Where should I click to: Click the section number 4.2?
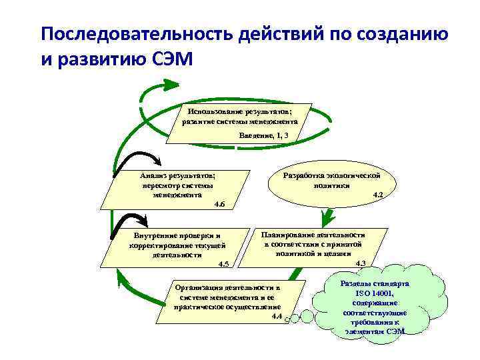[x=377, y=195]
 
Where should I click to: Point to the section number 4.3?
[x=361, y=263]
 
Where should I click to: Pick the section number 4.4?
[x=277, y=316]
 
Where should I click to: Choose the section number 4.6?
[x=219, y=204]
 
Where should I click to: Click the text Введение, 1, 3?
[x=264, y=135]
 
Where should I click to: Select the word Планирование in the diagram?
[x=289, y=235]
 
